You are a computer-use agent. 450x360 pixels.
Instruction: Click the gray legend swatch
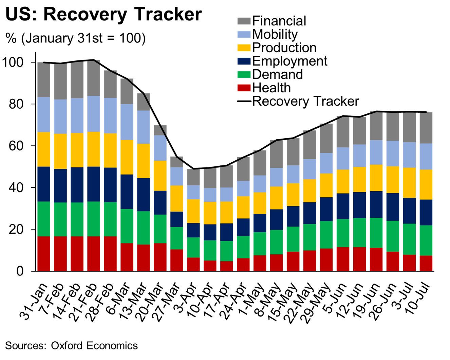pos(244,21)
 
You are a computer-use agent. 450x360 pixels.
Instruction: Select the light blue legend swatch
pos(244,34)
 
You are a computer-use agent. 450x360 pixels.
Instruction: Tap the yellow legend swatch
pos(244,48)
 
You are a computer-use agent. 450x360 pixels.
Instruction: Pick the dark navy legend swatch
pos(244,61)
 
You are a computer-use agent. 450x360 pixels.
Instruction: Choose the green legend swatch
pos(244,74)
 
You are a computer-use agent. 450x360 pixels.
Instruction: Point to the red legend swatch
pos(244,88)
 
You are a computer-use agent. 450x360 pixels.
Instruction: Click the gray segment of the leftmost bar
pos(44,80)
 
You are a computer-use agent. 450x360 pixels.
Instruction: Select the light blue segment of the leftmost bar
pos(44,114)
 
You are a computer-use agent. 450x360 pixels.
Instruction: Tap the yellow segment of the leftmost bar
pos(44,149)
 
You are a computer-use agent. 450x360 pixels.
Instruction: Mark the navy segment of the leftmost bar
pos(44,184)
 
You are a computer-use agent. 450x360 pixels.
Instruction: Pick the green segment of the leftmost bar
pos(44,219)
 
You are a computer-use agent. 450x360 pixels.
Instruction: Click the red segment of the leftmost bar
pos(44,253)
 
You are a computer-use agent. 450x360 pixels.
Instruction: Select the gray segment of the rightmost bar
pos(426,128)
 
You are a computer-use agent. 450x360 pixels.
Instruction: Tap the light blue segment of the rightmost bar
pos(426,157)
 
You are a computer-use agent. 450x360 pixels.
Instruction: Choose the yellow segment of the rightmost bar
pos(426,184)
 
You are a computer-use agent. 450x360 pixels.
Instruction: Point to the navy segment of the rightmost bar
pos(426,212)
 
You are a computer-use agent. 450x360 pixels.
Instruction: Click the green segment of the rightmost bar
pos(426,240)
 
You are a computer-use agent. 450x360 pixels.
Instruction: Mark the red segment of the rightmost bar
pos(426,263)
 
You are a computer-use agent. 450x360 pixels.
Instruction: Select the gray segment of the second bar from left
pos(60,82)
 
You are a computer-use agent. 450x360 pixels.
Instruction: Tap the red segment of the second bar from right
pos(409,263)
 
